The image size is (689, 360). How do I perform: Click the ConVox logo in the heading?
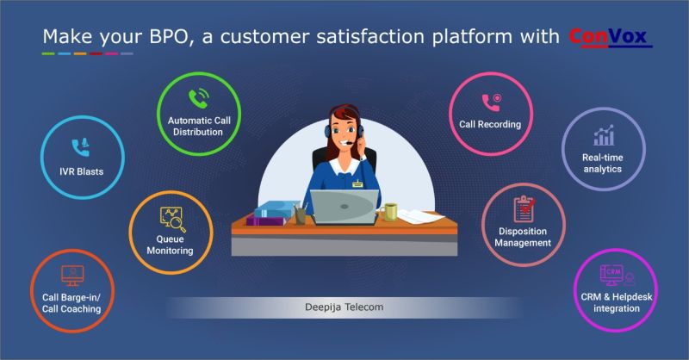pyautogui.click(x=611, y=37)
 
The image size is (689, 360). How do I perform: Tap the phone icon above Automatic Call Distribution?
pyautogui.click(x=201, y=97)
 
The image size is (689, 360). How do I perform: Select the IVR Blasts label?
pyautogui.click(x=76, y=171)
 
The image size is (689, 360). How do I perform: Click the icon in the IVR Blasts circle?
pyautogui.click(x=77, y=146)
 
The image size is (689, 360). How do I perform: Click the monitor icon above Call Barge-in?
pyautogui.click(x=73, y=276)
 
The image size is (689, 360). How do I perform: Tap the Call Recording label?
pyautogui.click(x=490, y=125)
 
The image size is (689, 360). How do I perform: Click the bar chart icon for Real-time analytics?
pyautogui.click(x=603, y=135)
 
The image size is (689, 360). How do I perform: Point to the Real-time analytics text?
pyautogui.click(x=603, y=164)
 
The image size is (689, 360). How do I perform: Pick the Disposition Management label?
pyautogui.click(x=523, y=237)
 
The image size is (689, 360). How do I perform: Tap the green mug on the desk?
pyautogui.click(x=391, y=210)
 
